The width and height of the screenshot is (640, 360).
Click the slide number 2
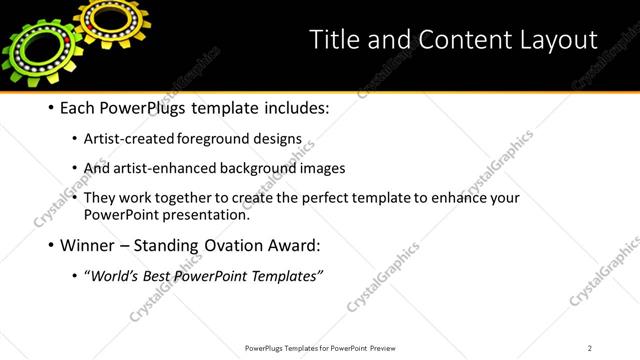pyautogui.click(x=590, y=347)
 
